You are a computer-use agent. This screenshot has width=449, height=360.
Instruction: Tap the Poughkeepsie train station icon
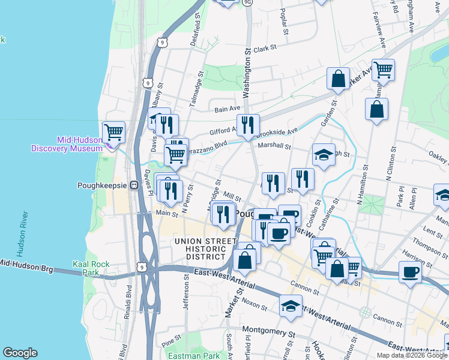(135, 185)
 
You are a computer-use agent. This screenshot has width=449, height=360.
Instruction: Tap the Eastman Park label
(203, 355)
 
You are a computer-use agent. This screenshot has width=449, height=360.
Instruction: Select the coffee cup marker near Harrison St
(411, 272)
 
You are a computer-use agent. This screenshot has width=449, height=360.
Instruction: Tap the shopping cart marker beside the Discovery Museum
(113, 131)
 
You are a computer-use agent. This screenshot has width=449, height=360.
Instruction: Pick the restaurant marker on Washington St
(248, 124)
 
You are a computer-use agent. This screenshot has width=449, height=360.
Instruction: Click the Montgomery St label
(269, 331)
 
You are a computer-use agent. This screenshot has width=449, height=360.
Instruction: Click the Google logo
(20, 353)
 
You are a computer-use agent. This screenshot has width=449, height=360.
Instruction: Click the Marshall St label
(274, 146)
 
